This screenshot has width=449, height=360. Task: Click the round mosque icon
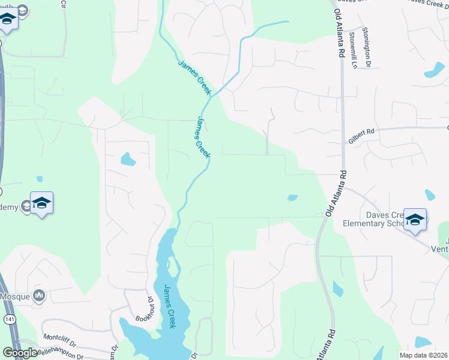pos(40,295)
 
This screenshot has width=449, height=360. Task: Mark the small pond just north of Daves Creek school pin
pos(429,194)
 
